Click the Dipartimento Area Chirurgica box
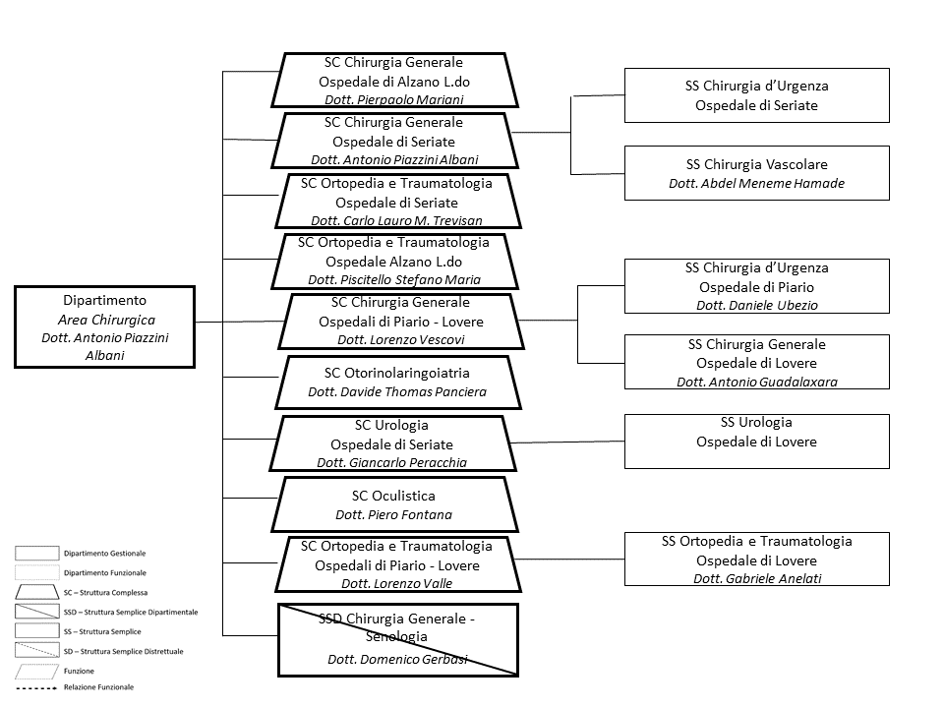(105, 326)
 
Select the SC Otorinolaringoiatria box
(398, 383)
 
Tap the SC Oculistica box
(394, 504)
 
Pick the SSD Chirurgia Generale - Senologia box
(398, 640)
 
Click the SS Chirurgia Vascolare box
(757, 173)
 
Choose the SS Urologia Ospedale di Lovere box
(757, 442)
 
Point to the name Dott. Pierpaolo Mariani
(394, 100)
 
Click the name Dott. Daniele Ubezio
(757, 305)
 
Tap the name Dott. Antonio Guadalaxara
(757, 382)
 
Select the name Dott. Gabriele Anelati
(757, 578)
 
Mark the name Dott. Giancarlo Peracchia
(392, 462)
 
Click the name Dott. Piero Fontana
(393, 514)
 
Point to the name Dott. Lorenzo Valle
(396, 583)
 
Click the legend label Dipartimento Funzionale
(105, 572)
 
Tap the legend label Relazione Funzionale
(98, 687)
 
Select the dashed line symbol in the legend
(36, 687)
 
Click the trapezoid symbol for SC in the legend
(36, 592)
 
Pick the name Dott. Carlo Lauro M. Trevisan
(396, 221)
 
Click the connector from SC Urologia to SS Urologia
(567, 442)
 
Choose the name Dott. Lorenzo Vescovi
(401, 339)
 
